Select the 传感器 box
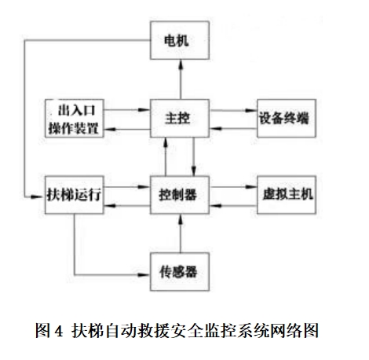coord(181,273)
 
